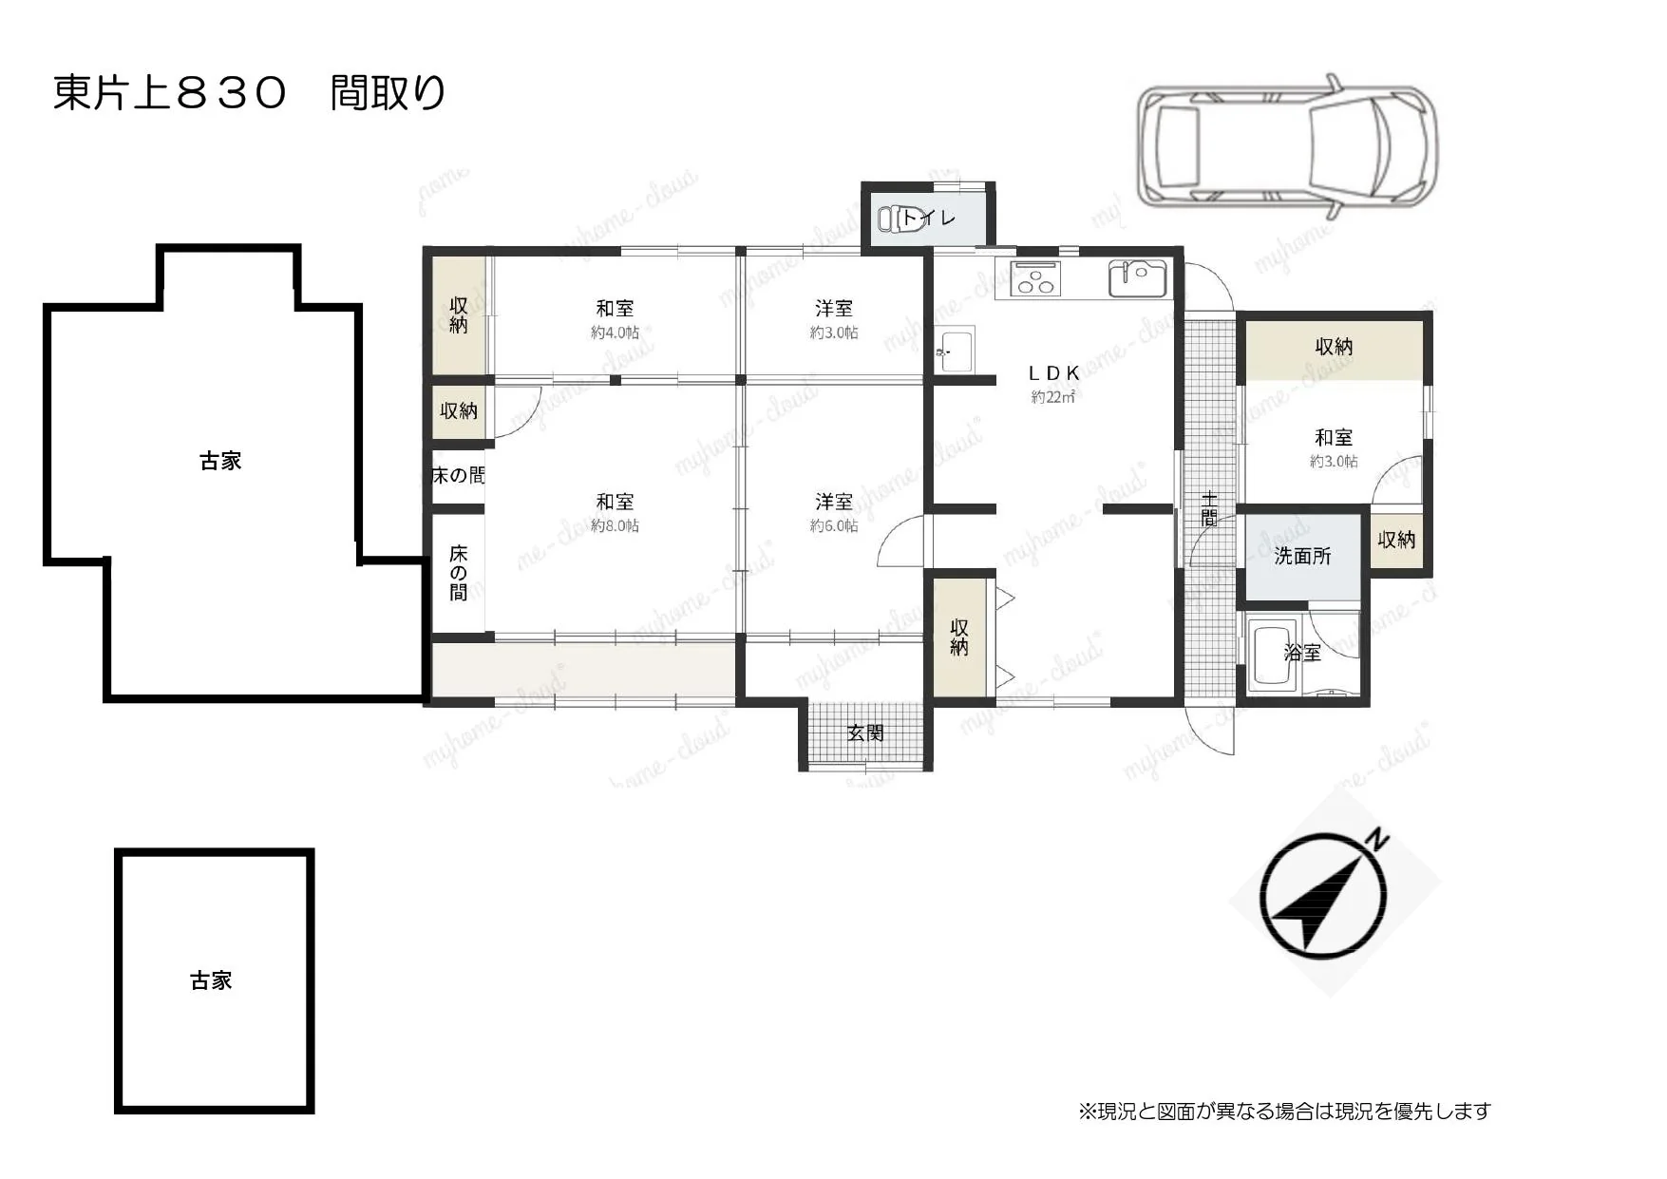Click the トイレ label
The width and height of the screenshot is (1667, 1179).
click(x=931, y=219)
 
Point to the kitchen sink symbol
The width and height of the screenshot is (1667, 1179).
click(x=1137, y=277)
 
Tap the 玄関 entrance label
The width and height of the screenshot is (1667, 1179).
click(x=865, y=732)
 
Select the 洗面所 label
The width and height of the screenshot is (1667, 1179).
click(x=1302, y=556)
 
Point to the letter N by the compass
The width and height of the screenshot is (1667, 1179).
click(x=1377, y=840)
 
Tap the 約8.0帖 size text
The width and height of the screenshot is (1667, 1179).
click(x=615, y=525)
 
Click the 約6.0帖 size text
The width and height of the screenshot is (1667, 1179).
click(x=834, y=525)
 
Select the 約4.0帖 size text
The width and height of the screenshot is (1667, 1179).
click(x=615, y=333)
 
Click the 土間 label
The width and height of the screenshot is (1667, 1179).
click(x=1208, y=508)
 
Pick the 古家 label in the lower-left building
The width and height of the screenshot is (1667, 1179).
click(x=211, y=980)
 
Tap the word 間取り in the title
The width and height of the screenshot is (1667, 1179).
click(x=388, y=93)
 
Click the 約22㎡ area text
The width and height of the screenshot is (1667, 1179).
click(x=1053, y=397)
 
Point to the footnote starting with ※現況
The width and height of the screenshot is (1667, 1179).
click(x=1284, y=1111)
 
